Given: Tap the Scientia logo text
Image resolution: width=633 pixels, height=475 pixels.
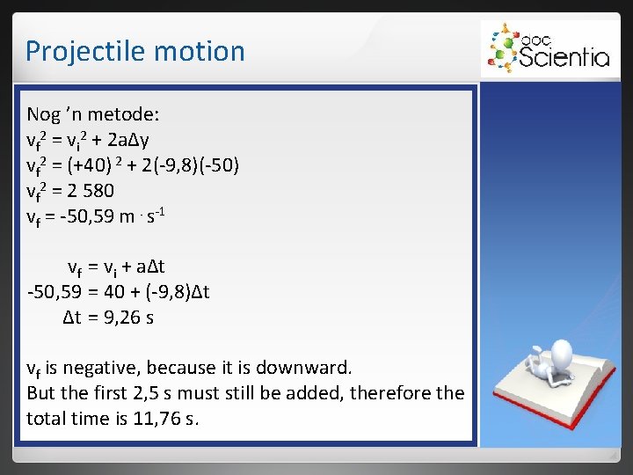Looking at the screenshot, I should (x=564, y=57).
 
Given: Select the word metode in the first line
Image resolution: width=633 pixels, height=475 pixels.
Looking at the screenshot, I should (x=122, y=114).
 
